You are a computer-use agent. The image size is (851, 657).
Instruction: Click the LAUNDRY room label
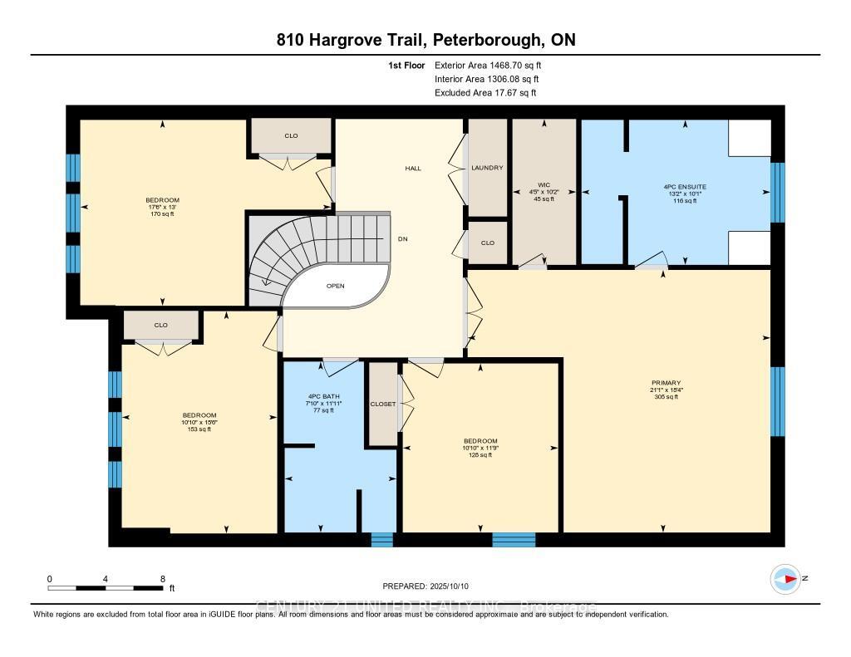[x=487, y=168]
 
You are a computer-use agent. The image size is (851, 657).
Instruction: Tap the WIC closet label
[x=544, y=185]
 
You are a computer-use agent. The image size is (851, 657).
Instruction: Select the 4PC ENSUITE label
[x=686, y=187]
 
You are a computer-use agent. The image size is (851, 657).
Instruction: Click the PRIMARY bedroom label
[x=666, y=383]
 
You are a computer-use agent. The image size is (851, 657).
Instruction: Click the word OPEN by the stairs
[x=335, y=286]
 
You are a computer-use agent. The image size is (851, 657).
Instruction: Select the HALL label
[x=413, y=168]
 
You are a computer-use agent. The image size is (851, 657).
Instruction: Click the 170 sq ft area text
[x=161, y=213]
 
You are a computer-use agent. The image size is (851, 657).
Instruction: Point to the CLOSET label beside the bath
[x=383, y=404]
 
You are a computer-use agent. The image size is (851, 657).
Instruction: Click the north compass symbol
[x=785, y=579]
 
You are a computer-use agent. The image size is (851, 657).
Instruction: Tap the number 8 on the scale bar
[x=163, y=579]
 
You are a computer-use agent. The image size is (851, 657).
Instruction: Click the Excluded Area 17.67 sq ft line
[x=485, y=93]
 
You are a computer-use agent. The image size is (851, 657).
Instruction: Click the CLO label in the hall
[x=488, y=243]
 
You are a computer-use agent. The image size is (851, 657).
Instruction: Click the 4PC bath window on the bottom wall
[x=381, y=540]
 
